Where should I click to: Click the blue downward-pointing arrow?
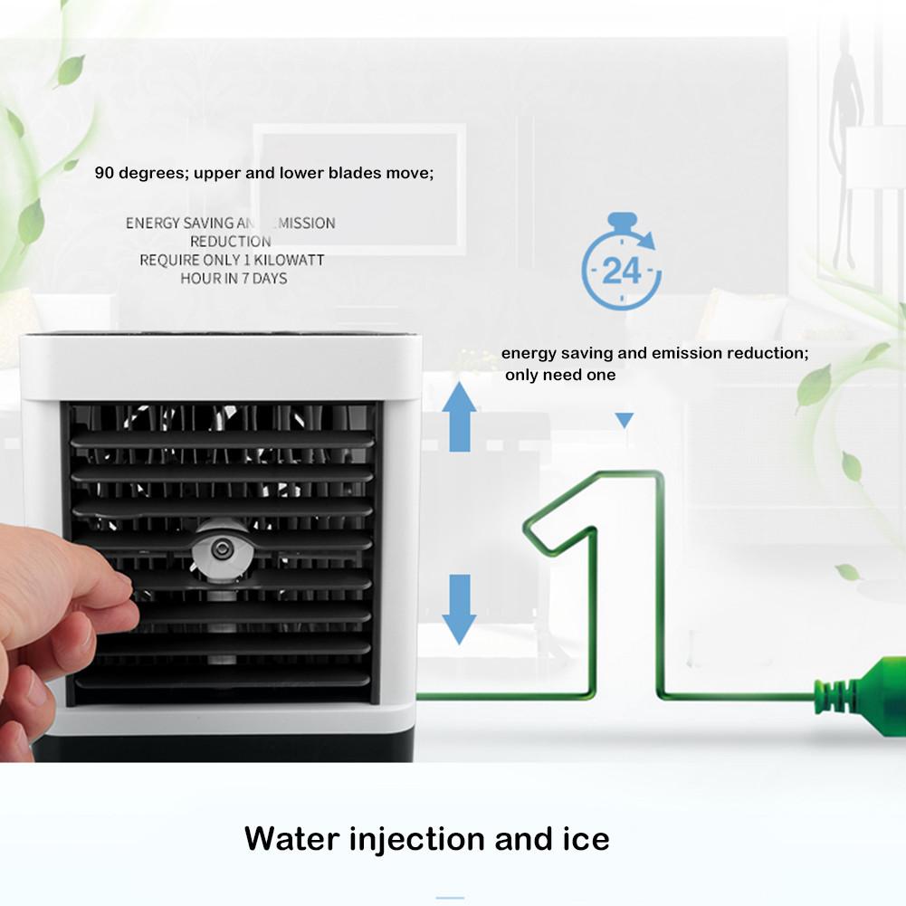460,606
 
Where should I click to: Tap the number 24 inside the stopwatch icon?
621,271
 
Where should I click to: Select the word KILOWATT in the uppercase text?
287,260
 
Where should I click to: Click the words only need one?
560,375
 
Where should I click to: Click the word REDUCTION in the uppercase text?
230,242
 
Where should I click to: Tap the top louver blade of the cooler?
222,440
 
